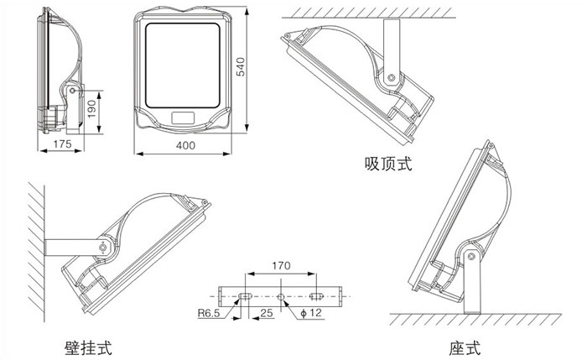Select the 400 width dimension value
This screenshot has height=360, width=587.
[185, 145]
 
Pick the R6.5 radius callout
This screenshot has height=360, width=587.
[210, 316]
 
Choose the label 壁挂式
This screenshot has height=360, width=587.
[88, 346]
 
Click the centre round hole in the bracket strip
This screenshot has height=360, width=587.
[281, 295]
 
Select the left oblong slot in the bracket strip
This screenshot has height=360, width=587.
[247, 295]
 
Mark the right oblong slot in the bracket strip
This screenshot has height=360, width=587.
[316, 295]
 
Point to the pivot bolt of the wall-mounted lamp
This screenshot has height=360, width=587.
[103, 248]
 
